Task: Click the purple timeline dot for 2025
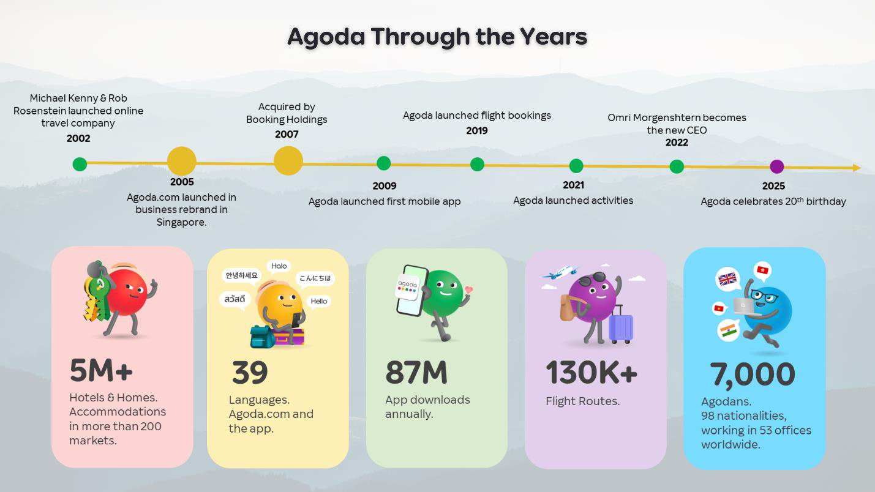click(x=776, y=166)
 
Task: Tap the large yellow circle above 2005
click(x=182, y=161)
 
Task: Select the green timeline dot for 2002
click(x=80, y=165)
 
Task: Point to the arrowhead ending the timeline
click(x=857, y=168)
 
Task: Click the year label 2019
click(x=477, y=131)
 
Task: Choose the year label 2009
click(x=385, y=186)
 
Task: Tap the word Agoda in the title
click(x=326, y=37)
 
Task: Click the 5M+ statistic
click(x=101, y=370)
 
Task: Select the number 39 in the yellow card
click(x=250, y=373)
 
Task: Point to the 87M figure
click(x=416, y=373)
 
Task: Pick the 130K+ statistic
click(x=591, y=373)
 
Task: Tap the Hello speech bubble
click(x=319, y=302)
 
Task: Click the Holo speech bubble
click(x=279, y=266)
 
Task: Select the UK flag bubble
click(x=727, y=279)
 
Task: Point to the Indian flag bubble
click(x=729, y=330)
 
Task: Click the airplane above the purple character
click(x=560, y=272)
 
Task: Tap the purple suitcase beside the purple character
click(x=621, y=324)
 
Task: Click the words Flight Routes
click(x=582, y=401)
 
